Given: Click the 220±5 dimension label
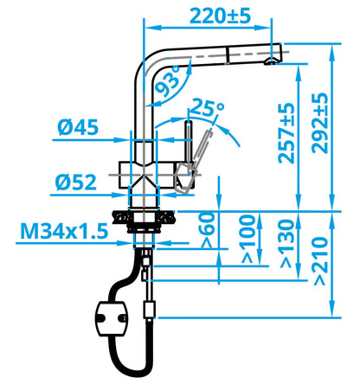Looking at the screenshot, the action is pos(220,16).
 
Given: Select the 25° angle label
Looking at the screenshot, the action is pos(207,108).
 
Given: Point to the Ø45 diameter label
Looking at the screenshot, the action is pos(78,127).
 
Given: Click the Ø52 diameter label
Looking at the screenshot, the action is pos(76,182).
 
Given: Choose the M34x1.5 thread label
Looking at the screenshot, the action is pos(64,231).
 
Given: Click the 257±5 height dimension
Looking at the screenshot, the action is pos(286,133).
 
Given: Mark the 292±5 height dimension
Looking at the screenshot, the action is pos(320,123).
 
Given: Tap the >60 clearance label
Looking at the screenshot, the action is pos(209,230).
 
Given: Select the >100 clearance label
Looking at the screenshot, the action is pos(248,240).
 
